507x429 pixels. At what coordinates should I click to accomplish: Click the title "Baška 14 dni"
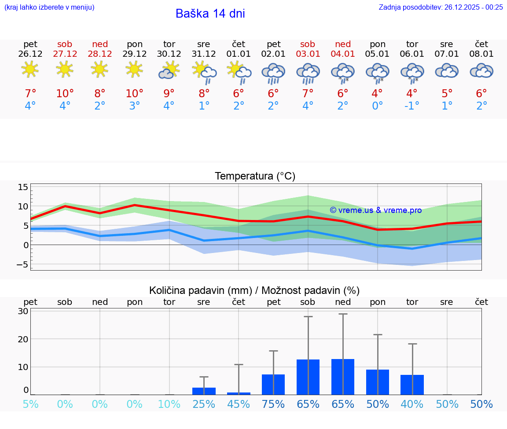210,14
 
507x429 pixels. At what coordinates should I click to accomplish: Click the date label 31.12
204,54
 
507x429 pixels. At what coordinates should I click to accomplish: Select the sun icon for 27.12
65,70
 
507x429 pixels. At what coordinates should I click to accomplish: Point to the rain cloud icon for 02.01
273,73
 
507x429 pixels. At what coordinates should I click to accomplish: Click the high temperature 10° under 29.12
135,93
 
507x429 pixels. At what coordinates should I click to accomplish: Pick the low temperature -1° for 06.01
412,106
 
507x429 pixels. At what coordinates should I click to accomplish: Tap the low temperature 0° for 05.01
377,106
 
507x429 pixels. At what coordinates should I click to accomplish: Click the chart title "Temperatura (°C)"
255,176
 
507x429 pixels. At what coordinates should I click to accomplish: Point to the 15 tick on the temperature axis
23,187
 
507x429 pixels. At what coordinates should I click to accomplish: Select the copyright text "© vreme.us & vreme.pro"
376,210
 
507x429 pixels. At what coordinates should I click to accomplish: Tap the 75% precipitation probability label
273,404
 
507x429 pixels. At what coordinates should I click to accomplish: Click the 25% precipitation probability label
204,404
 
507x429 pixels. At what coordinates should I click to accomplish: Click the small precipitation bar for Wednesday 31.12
204,391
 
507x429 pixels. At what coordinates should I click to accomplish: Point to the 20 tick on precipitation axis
23,339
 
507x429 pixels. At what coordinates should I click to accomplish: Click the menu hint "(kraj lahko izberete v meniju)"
49,7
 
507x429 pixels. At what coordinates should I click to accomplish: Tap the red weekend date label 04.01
343,54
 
